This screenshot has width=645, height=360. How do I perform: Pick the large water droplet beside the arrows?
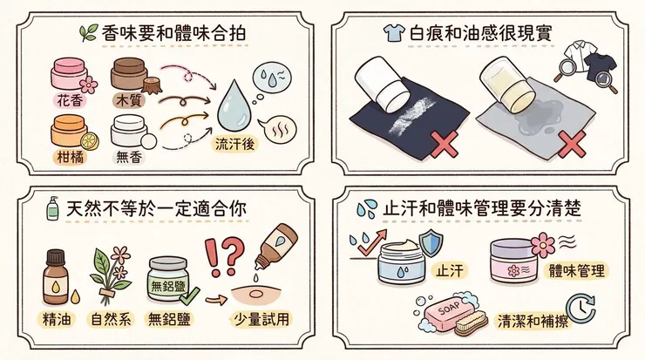click(x=237, y=104)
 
